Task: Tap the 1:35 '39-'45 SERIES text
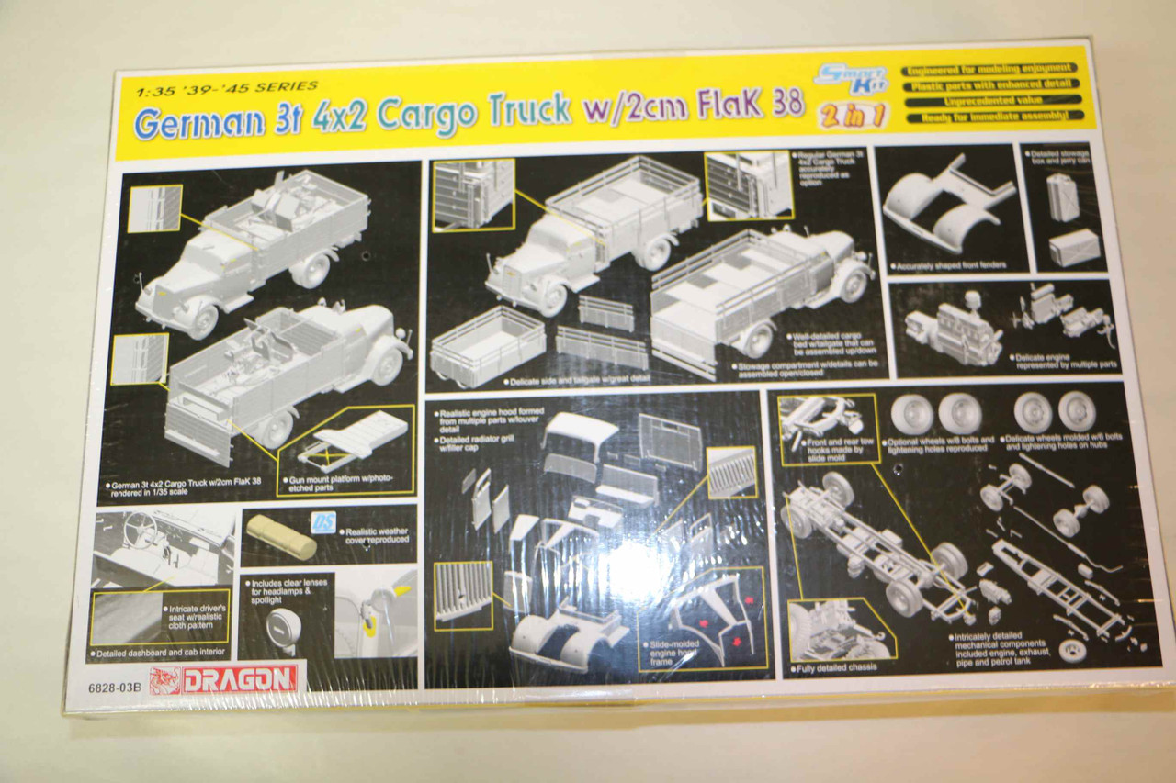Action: [x=226, y=88]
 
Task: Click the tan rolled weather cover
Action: [x=281, y=537]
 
